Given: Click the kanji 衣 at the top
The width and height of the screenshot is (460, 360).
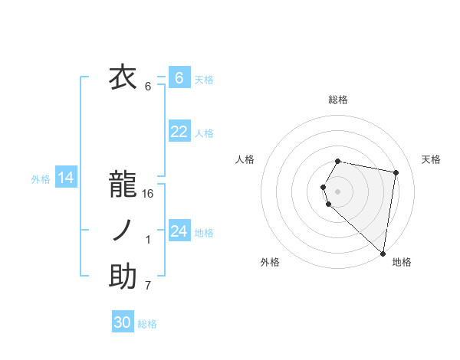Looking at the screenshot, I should tap(123, 77).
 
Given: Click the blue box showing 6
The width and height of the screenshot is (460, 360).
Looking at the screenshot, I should tap(179, 78).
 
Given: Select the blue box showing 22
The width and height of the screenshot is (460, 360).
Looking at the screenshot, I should tap(179, 132).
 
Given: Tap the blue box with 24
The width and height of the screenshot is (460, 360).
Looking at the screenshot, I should tap(179, 231).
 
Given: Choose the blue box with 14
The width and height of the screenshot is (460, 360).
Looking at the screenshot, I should tap(66, 178).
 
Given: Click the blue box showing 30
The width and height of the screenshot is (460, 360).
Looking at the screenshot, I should tap(123, 322).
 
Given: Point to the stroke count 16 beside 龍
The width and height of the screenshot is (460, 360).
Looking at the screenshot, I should tap(148, 194).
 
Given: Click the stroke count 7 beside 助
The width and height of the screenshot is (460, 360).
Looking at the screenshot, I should tap(148, 286).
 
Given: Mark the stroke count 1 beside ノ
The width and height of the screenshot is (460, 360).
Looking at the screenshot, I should tap(148, 241).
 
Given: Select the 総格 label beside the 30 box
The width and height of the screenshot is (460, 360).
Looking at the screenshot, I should tap(147, 324).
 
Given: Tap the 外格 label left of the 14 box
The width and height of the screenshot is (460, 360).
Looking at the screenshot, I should tap(41, 179).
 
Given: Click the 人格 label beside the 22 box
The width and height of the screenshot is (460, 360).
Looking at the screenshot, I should tap(204, 133).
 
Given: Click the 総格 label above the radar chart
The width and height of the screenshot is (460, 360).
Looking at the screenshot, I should tap(337, 100).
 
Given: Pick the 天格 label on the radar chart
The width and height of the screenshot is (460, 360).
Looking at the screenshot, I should tap(431, 159).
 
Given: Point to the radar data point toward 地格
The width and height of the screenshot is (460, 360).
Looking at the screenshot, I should tap(383, 253).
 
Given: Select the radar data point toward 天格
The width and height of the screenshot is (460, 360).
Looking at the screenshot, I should tap(396, 173).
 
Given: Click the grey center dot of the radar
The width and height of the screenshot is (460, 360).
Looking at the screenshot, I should tap(337, 191).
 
